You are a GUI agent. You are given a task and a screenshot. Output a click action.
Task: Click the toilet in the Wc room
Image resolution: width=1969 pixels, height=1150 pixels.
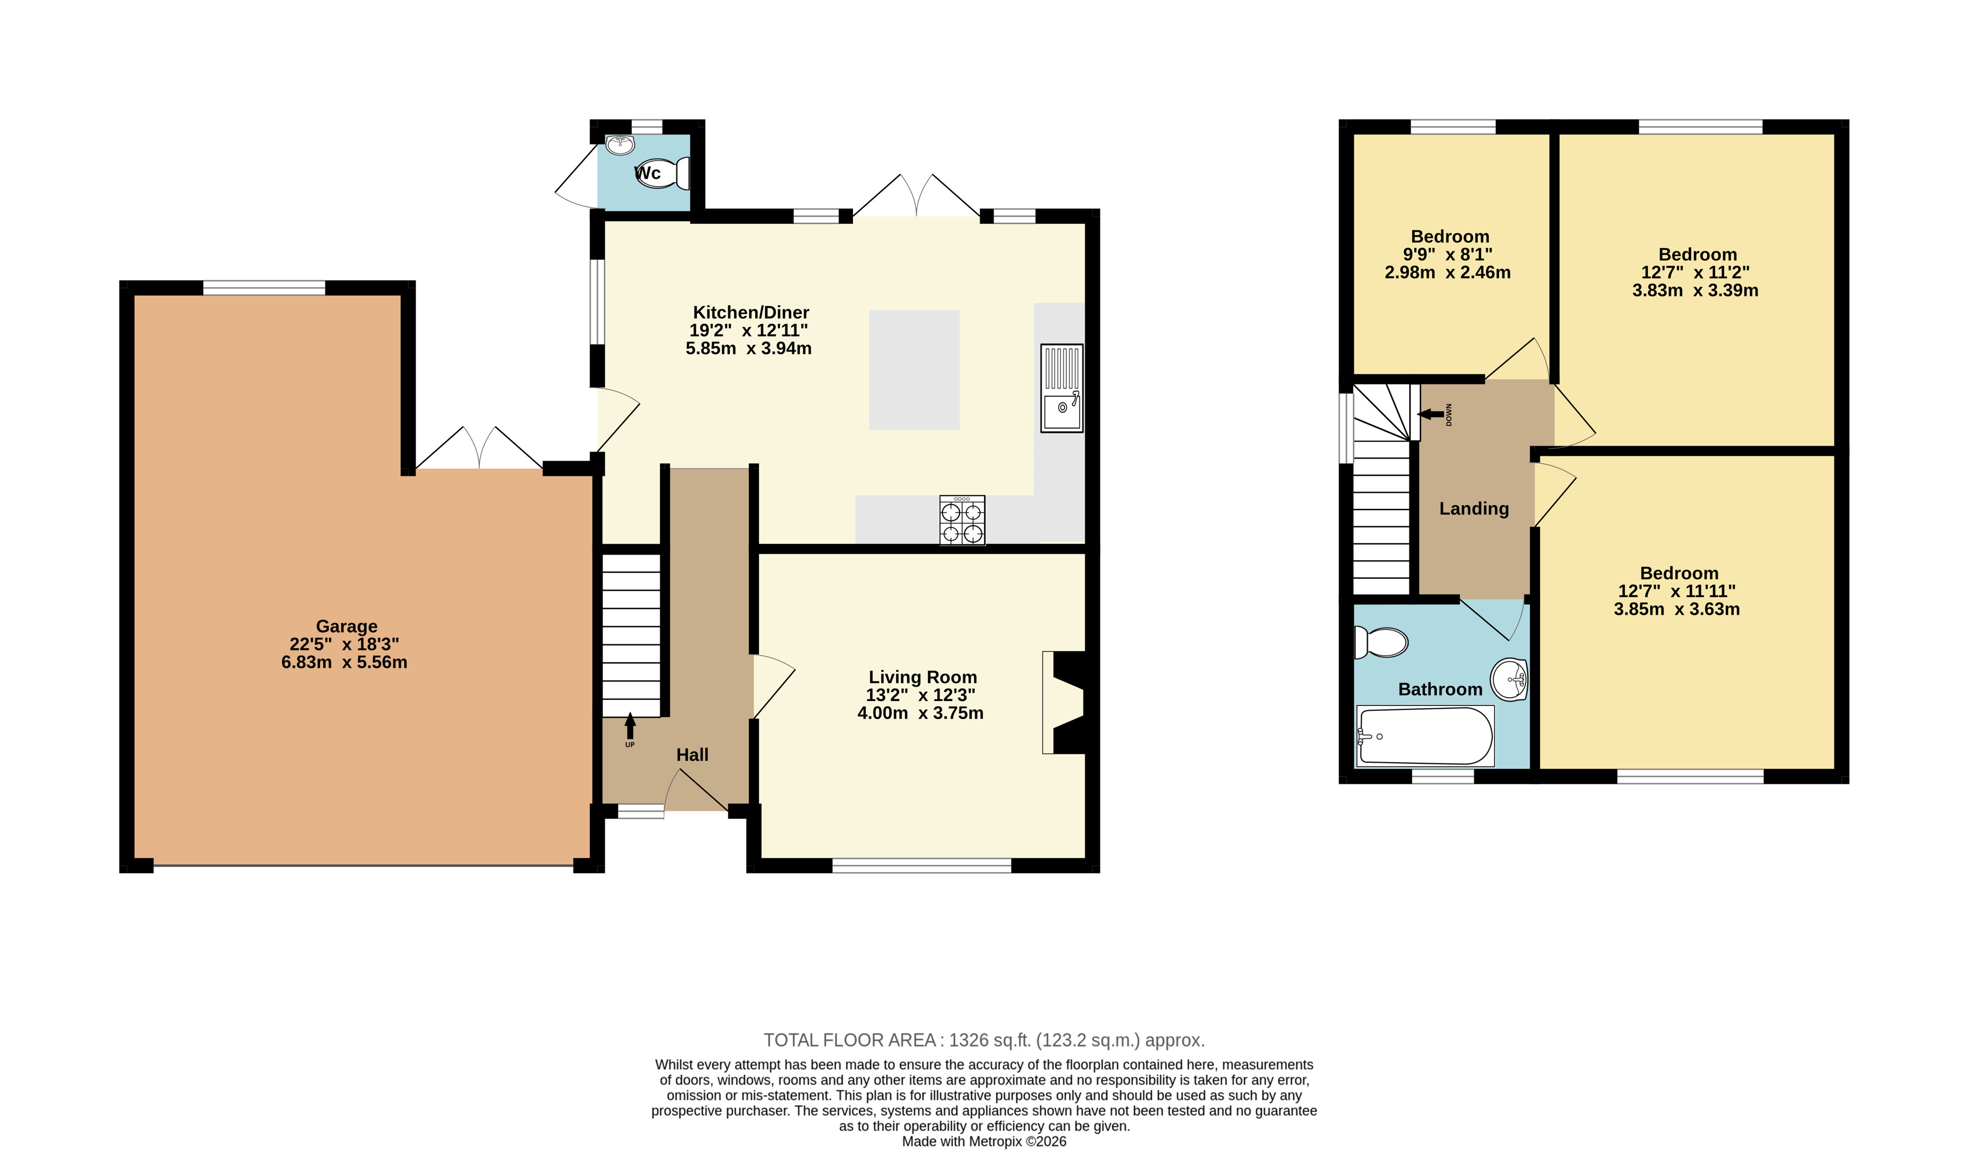663,173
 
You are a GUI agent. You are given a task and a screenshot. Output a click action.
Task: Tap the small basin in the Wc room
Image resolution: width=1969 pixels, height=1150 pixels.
620,145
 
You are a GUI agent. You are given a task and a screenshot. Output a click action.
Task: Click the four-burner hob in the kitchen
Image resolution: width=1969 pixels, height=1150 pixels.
962,520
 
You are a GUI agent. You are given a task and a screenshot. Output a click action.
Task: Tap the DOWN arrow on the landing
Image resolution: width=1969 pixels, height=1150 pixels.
1431,414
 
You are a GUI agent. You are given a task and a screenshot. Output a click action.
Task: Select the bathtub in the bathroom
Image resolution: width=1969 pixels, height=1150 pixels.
1425,736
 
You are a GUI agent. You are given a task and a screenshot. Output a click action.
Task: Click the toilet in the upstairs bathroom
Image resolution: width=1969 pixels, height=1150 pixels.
1381,642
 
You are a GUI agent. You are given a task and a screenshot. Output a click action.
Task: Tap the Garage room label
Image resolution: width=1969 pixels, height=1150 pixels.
346,626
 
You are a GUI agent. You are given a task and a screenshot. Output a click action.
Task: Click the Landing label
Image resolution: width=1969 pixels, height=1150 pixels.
1474,508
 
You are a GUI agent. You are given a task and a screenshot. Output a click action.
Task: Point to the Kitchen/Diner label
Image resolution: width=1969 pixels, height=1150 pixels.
751,313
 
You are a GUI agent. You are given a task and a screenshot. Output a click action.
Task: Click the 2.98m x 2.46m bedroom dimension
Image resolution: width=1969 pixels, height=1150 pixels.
1447,273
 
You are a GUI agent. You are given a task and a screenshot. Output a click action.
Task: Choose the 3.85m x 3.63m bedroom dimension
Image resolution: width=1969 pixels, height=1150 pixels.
1677,610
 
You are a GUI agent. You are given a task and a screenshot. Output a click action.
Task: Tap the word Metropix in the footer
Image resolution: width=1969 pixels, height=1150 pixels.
995,1142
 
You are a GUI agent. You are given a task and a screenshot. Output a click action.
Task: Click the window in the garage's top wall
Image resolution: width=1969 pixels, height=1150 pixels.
264,288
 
